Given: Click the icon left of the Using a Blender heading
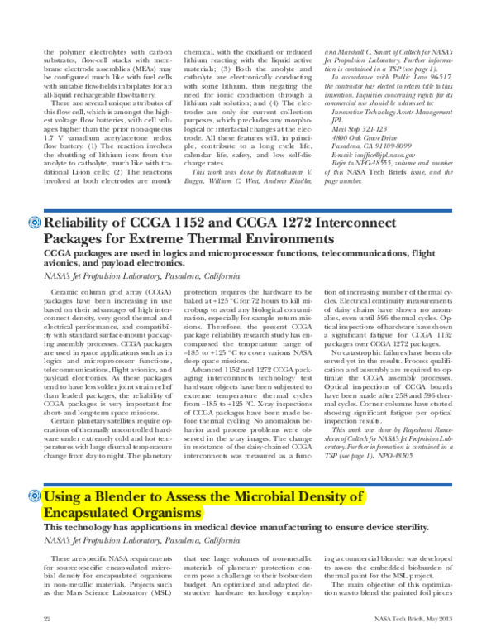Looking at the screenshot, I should point(33,498).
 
